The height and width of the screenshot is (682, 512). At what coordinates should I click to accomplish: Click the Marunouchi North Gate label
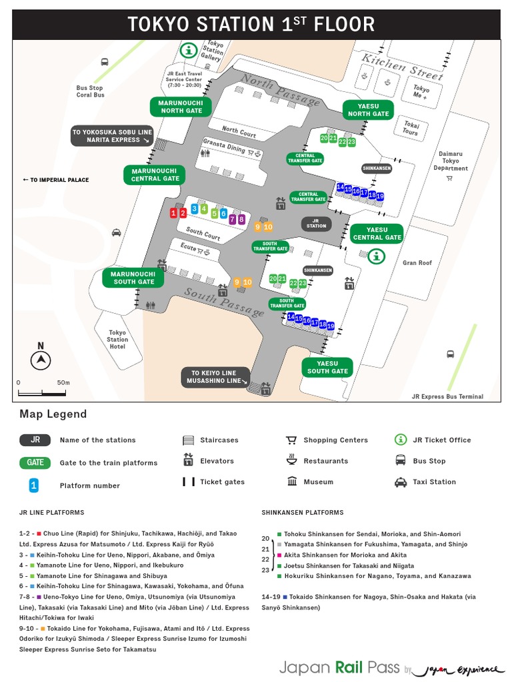pos(180,106)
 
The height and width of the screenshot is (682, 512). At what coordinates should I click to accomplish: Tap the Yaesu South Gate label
pos(327,367)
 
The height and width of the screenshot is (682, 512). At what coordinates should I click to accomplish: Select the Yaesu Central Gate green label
pos(377,233)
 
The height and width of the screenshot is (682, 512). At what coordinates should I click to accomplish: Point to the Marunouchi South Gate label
pos(133,278)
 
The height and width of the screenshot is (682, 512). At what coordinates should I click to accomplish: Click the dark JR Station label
pos(316,223)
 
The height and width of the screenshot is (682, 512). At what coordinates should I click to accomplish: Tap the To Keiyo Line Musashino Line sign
pos(215,377)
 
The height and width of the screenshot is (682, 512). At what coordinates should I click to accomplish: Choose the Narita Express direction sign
pos(112,136)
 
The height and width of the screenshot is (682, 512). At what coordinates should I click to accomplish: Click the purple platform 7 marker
pos(232,219)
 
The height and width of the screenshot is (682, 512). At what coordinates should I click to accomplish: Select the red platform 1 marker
pos(173,213)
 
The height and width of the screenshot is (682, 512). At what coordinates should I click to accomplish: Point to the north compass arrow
pos(41,360)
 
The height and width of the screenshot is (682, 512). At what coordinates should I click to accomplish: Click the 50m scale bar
pos(41,393)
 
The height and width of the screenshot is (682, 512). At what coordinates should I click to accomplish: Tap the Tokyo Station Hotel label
pos(117,339)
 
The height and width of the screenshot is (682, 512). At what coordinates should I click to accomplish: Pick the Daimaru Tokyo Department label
pos(451,161)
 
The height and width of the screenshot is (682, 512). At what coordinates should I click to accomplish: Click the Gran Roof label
pos(417,263)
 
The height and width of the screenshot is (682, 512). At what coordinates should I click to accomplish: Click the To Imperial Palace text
pos(55,180)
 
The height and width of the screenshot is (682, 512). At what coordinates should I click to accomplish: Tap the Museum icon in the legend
pos(292,482)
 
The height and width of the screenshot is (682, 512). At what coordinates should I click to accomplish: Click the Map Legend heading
pos(53,414)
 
